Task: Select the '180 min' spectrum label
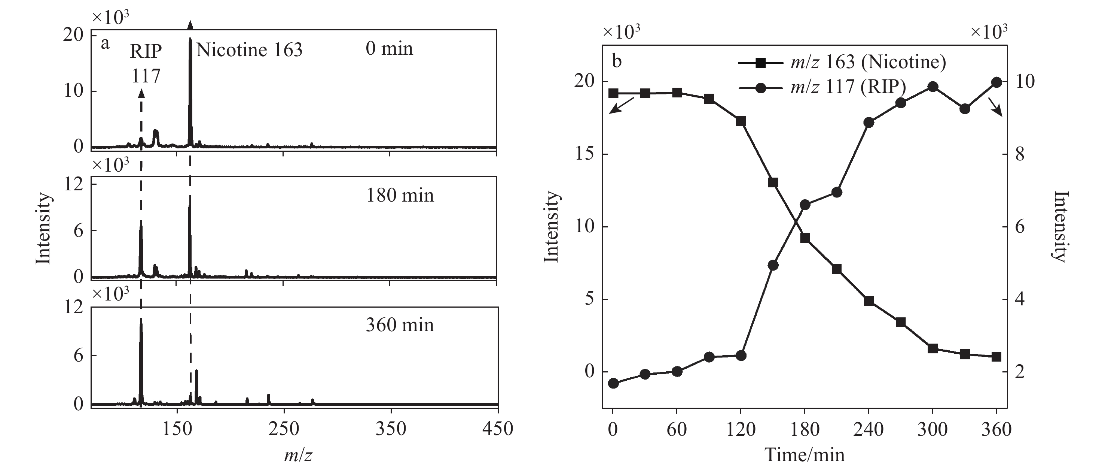pos(399,196)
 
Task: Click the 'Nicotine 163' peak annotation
pos(249,50)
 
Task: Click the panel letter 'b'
pos(616,61)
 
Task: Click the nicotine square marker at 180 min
pos(805,238)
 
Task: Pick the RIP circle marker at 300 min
pos(932,87)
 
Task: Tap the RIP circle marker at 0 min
pos(613,383)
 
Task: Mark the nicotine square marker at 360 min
pos(996,357)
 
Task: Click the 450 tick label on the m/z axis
pos(498,429)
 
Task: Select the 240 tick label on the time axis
pos(869,429)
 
